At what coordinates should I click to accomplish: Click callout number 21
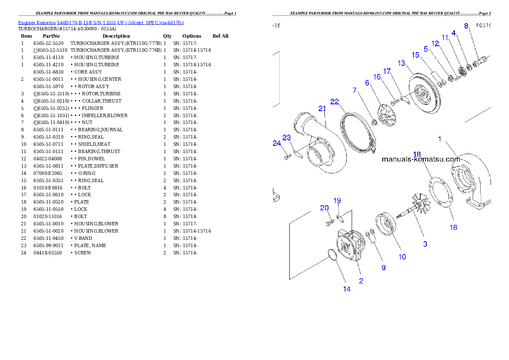click(x=322, y=108)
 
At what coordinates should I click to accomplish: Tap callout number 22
click(x=334, y=101)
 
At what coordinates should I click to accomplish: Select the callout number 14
click(x=347, y=289)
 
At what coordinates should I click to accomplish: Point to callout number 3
click(x=425, y=244)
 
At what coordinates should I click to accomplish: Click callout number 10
click(x=402, y=257)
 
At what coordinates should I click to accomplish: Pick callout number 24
click(x=277, y=144)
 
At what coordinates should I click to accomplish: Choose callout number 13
click(x=401, y=63)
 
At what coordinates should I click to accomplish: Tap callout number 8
click(x=466, y=26)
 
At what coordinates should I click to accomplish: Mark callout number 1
click(x=439, y=139)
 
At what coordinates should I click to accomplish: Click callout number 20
click(x=325, y=208)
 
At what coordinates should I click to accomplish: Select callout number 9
click(x=384, y=268)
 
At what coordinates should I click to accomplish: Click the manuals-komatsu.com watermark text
click(x=420, y=159)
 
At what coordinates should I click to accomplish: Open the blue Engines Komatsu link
click(x=101, y=23)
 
